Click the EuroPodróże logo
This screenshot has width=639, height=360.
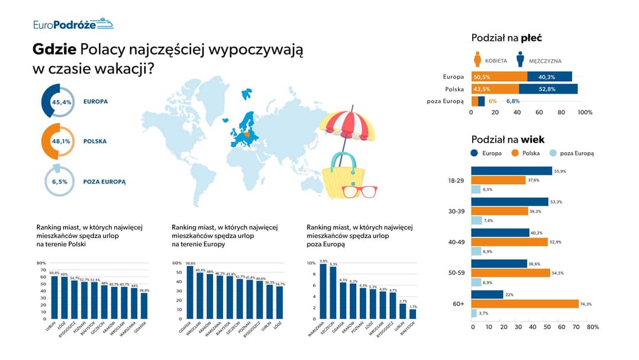click(73, 24)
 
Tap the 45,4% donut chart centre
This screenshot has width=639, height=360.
click(62, 102)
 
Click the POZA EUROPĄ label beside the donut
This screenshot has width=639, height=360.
click(105, 182)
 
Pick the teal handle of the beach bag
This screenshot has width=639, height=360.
click(344, 160)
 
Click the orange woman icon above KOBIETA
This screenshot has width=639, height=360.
click(477, 59)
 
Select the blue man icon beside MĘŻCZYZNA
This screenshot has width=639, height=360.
click(520, 59)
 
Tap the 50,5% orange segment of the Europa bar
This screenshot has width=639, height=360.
click(499, 76)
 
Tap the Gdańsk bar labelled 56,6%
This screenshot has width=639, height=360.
click(189, 292)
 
